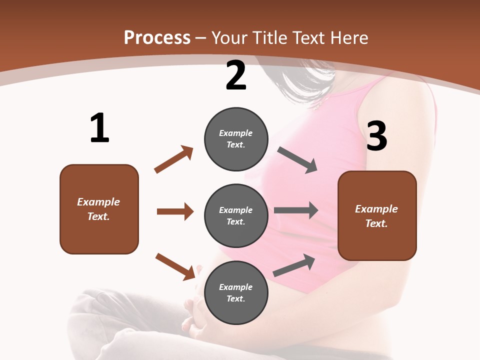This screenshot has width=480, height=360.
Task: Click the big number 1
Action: pos(99,128)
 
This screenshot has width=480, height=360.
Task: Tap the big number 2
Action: pos(236,75)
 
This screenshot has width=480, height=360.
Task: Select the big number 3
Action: pos(376,136)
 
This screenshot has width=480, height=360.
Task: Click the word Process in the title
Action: pos(157,37)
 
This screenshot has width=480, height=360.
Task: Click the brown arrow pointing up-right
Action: pos(174,159)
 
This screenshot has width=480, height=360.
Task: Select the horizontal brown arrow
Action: pos(175,211)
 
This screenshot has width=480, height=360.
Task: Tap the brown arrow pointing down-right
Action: pos(175,266)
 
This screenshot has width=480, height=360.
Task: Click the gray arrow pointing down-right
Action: pos(297,160)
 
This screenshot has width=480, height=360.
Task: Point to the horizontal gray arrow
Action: pos(295,210)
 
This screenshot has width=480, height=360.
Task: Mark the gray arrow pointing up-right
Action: pos(294,265)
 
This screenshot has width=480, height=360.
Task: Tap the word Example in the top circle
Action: pos(236,133)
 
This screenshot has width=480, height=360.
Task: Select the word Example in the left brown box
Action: pos(98,202)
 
